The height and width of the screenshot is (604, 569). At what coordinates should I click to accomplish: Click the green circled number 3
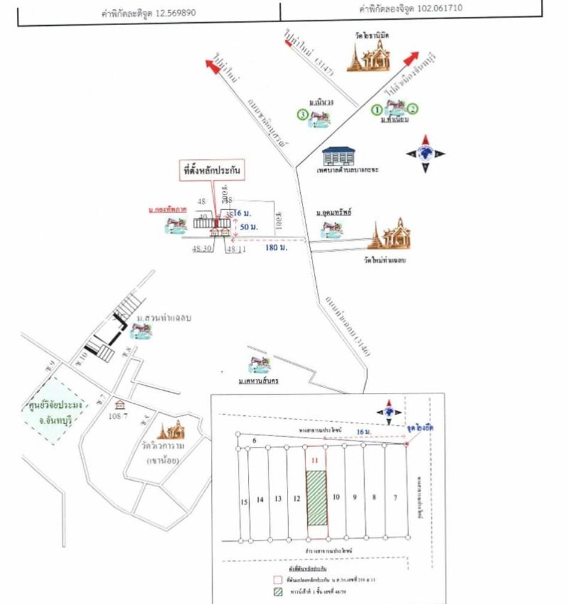[x=303, y=114]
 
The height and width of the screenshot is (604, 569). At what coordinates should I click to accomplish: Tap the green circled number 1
[x=376, y=109]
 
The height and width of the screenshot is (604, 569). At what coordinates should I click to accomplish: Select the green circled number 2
[x=413, y=109]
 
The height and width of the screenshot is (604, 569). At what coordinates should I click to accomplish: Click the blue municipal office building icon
[x=338, y=156]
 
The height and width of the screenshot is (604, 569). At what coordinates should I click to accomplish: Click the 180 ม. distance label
[x=275, y=247]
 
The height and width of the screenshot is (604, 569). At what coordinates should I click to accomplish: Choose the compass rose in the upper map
[x=426, y=153]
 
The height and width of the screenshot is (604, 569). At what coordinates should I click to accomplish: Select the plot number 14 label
[x=260, y=499]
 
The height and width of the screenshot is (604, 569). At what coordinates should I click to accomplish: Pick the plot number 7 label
[x=395, y=497]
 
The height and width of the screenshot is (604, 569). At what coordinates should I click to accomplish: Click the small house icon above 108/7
[x=120, y=404]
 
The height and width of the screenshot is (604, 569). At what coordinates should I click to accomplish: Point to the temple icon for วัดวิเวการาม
[x=170, y=430]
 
